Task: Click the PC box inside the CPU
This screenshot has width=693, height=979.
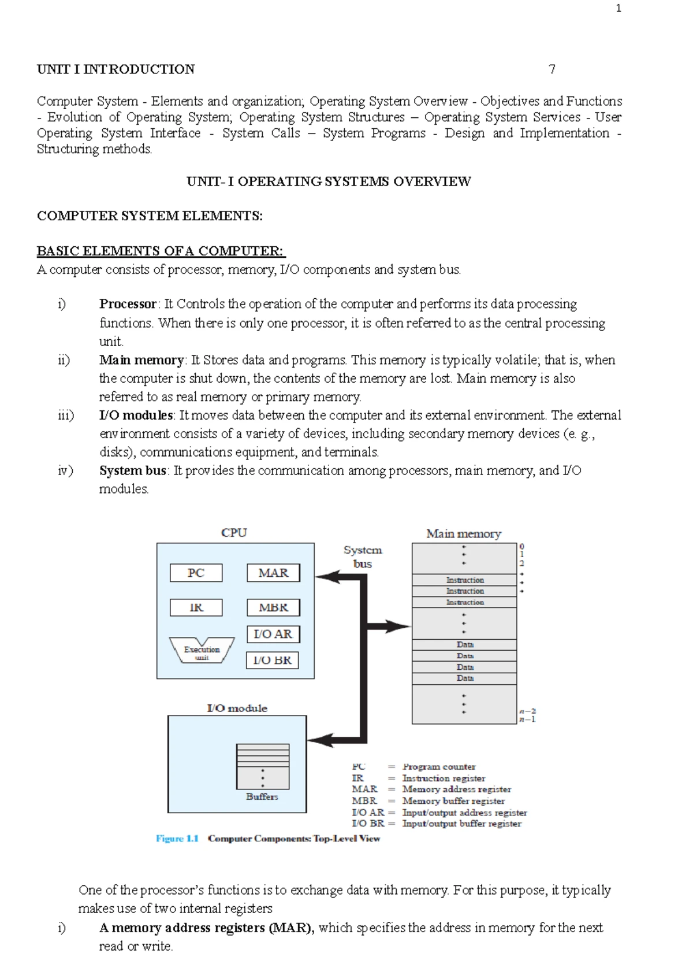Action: coord(196,573)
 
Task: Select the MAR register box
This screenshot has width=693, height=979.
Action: coord(273,573)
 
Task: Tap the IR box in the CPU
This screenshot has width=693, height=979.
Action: coord(196,607)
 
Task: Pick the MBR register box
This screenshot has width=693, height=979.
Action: coord(273,607)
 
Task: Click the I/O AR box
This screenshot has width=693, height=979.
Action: coord(273,634)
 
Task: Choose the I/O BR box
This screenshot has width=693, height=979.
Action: coord(272,660)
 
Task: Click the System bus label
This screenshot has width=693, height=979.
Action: coord(363,557)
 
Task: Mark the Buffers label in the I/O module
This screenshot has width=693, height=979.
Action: coord(262,796)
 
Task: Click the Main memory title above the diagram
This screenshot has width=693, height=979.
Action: coord(464,533)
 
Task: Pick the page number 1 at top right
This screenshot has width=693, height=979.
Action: coord(619,8)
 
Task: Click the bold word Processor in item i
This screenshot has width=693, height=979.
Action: coord(128,304)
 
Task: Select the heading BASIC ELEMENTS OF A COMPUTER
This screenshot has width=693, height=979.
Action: coord(161,251)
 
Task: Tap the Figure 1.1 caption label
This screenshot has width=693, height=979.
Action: coord(177,839)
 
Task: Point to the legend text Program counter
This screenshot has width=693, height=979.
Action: coord(439,767)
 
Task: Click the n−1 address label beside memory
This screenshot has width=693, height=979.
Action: coord(527,720)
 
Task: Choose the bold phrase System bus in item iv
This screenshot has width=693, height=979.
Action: coord(133,470)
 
